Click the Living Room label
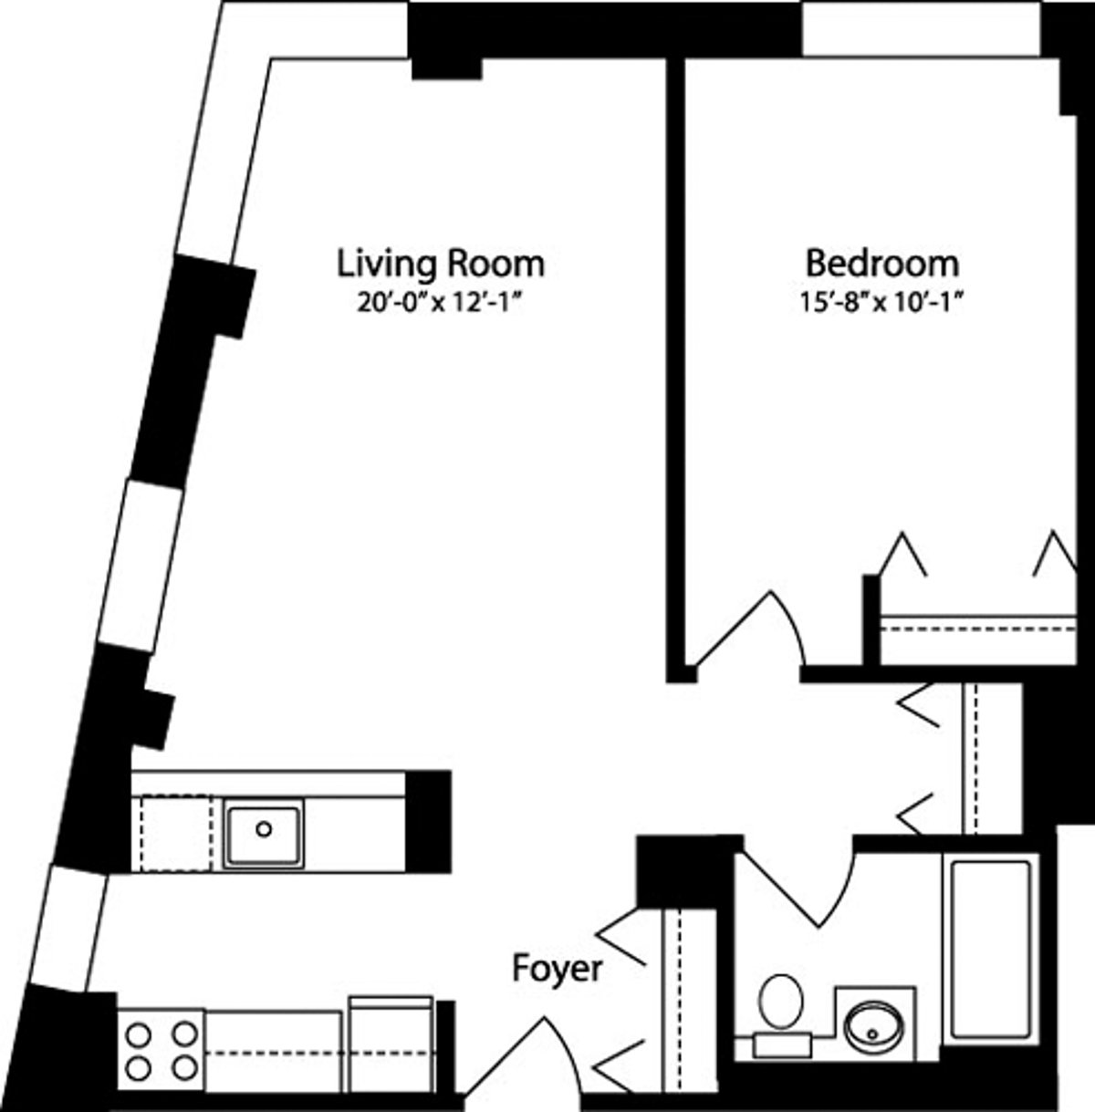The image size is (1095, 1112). pyautogui.click(x=441, y=264)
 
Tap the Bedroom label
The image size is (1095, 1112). pyautogui.click(x=881, y=264)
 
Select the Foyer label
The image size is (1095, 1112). pyautogui.click(x=557, y=968)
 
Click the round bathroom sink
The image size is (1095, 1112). pyautogui.click(x=873, y=1031)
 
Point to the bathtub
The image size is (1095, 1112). pyautogui.click(x=990, y=949)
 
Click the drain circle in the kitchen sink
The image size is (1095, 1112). pyautogui.click(x=264, y=829)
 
